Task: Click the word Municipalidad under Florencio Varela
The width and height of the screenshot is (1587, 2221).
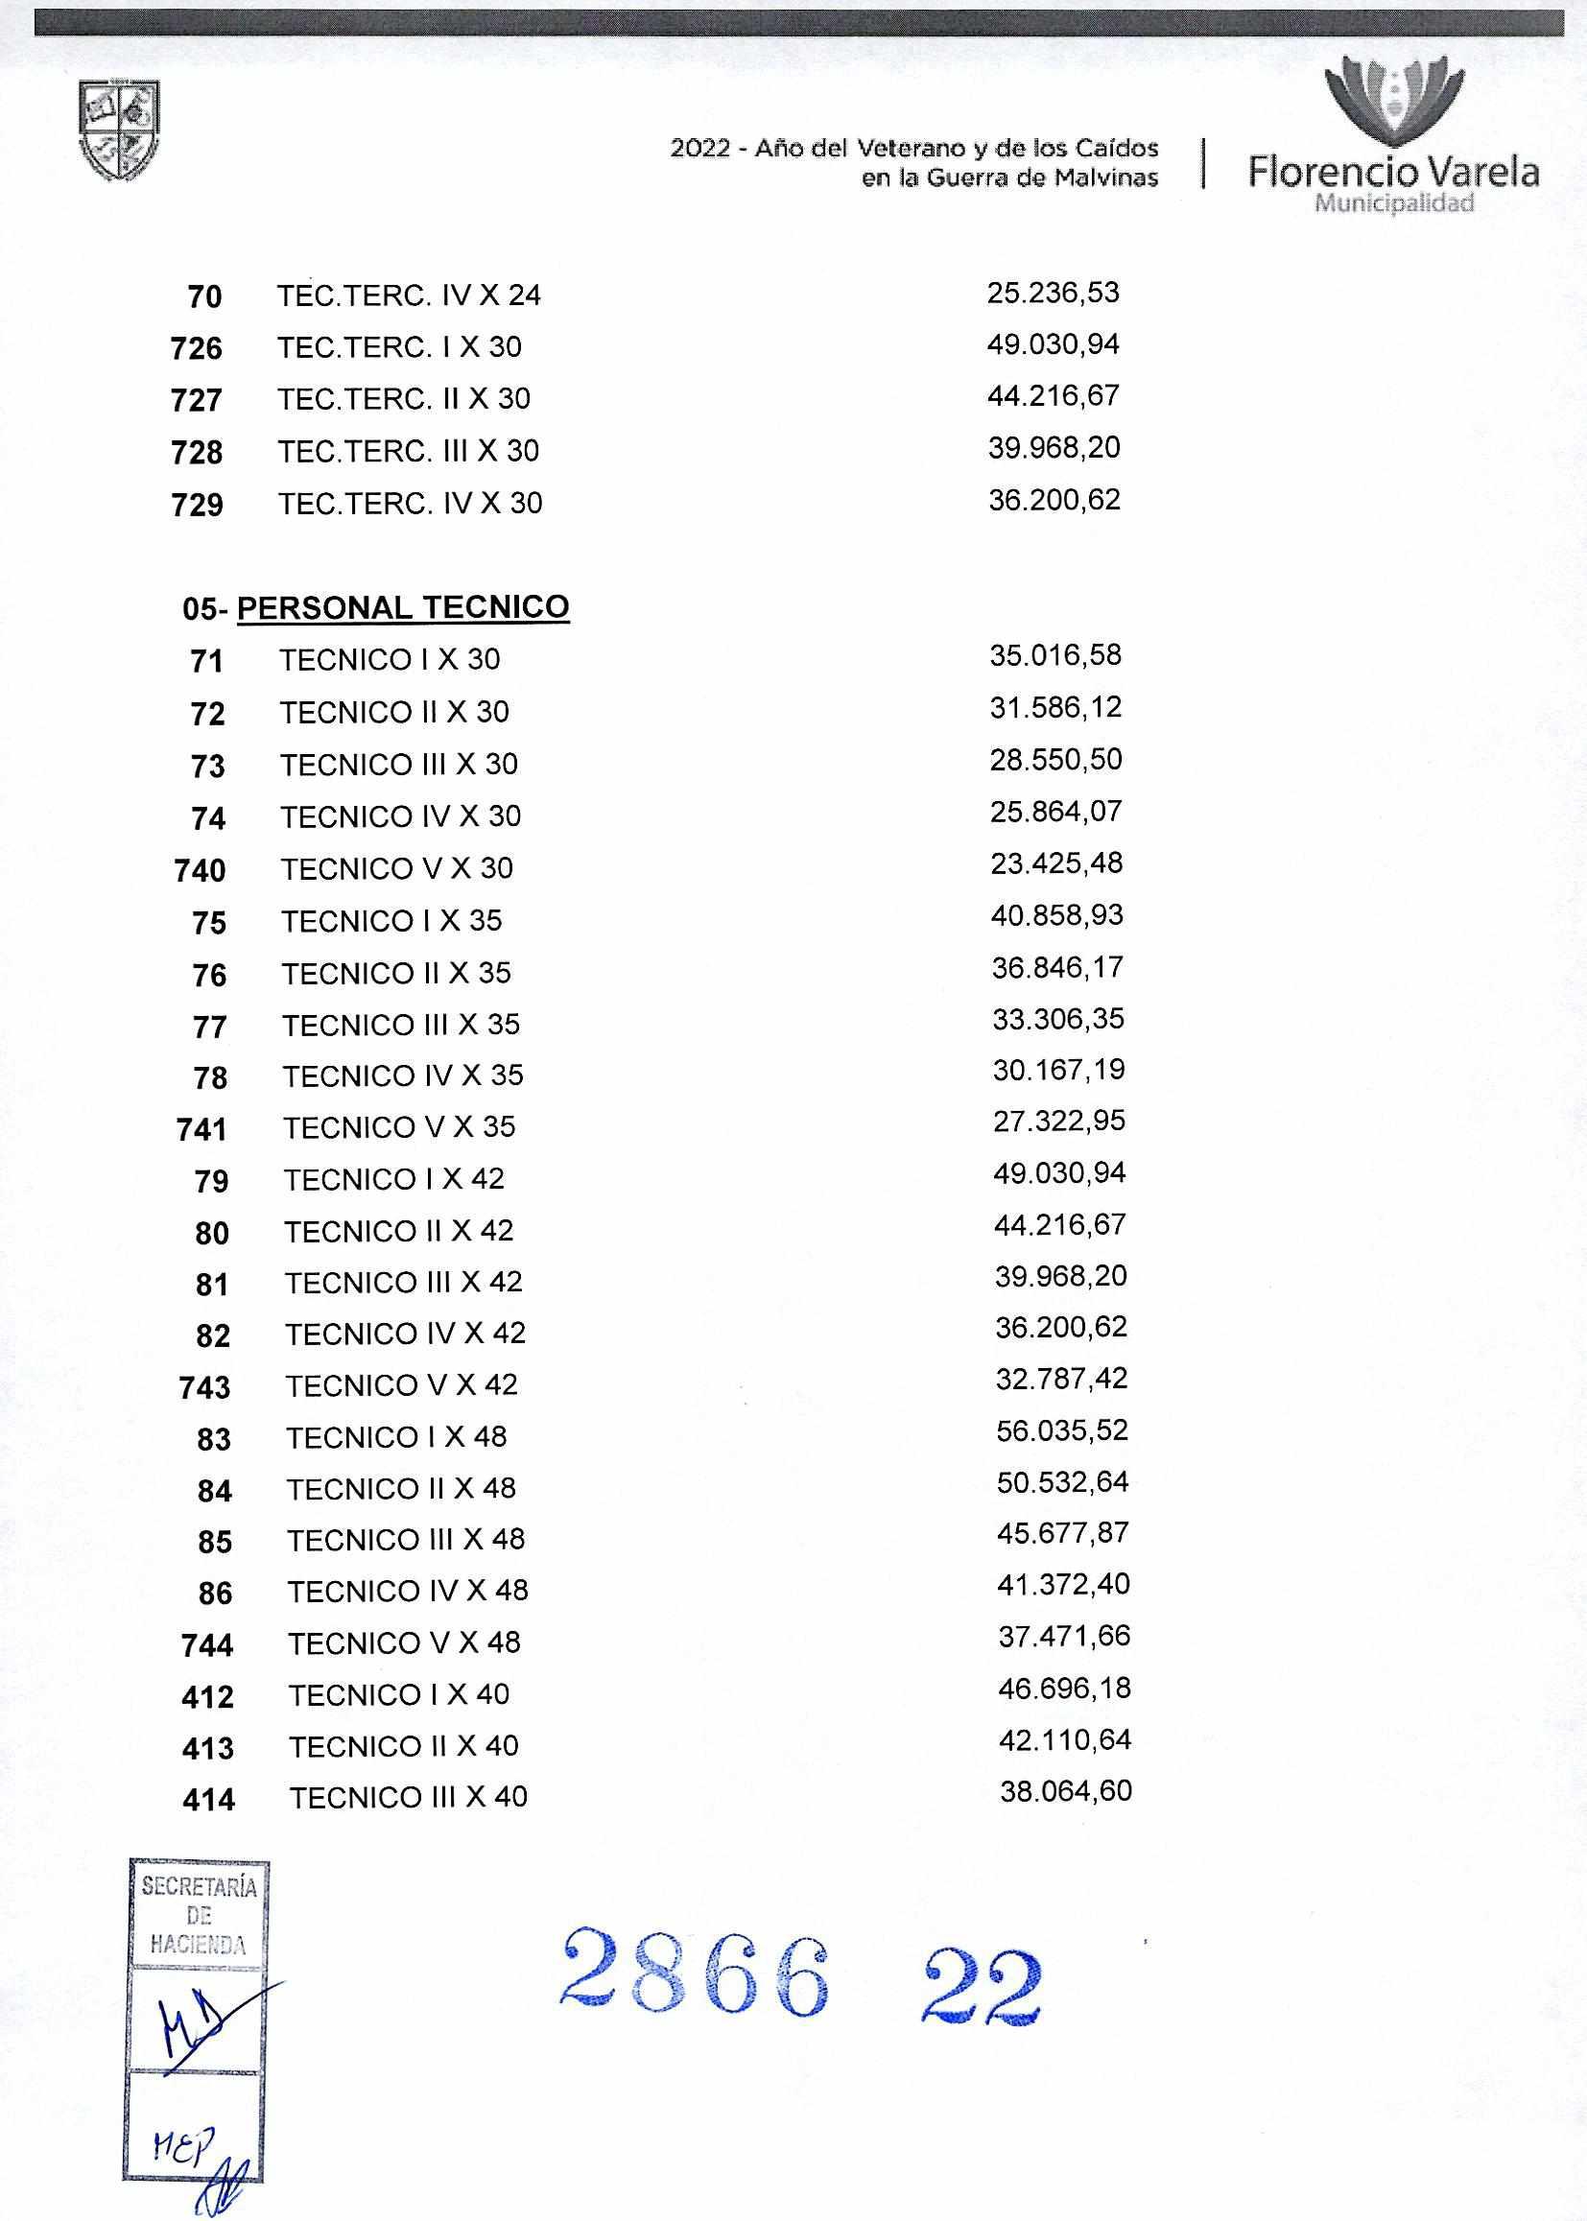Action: (1394, 203)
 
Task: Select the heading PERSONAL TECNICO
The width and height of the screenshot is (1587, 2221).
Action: (403, 606)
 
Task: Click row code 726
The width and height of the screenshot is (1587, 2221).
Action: (197, 348)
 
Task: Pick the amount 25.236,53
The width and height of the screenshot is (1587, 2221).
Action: (1053, 293)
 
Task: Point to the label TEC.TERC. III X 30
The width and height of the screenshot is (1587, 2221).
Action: (409, 451)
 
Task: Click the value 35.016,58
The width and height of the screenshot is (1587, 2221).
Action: (1055, 654)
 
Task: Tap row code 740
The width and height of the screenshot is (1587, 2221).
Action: (201, 869)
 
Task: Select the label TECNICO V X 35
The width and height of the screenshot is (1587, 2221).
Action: (400, 1127)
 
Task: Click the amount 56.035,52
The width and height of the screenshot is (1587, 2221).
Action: (1061, 1430)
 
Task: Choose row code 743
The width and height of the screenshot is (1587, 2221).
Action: (205, 1386)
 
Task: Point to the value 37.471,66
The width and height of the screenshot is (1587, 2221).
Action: (1064, 1636)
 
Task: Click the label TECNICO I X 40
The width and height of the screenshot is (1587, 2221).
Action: (399, 1694)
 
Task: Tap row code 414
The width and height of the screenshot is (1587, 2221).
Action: (209, 1798)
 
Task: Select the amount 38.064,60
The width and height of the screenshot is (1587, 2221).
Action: (1066, 1791)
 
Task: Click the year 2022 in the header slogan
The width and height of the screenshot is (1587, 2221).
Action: (699, 149)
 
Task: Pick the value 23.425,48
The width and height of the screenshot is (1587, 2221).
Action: (1056, 862)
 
